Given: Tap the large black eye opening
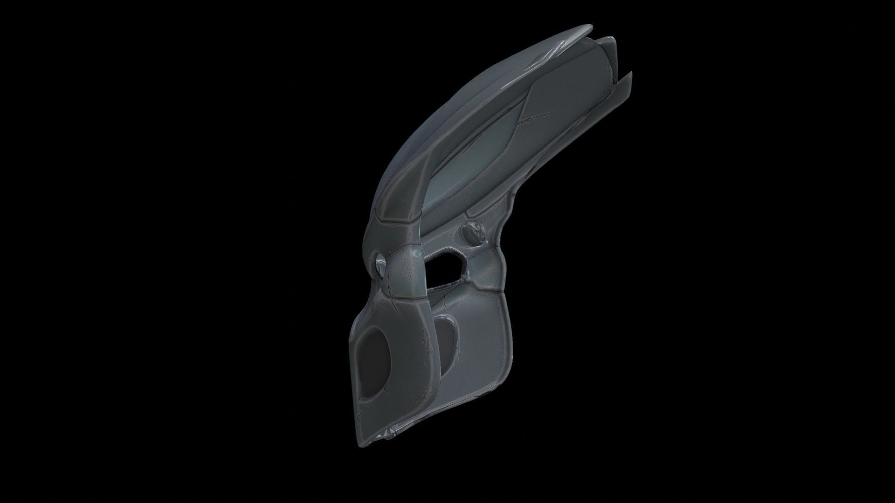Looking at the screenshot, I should pyautogui.click(x=446, y=269).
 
